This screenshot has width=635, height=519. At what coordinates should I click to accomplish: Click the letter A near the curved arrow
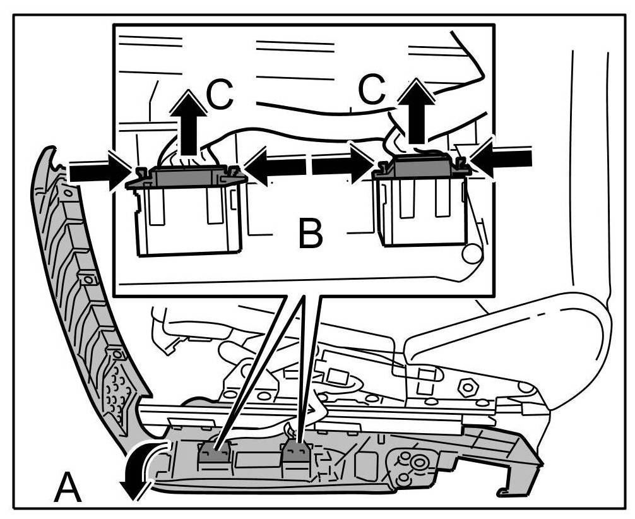point(68,487)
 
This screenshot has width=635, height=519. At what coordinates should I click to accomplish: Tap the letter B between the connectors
point(310,234)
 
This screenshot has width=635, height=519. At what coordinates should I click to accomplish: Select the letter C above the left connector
point(220,95)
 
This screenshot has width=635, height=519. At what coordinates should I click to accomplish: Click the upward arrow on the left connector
point(188,123)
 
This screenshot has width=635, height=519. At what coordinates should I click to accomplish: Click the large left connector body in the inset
point(187,218)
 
